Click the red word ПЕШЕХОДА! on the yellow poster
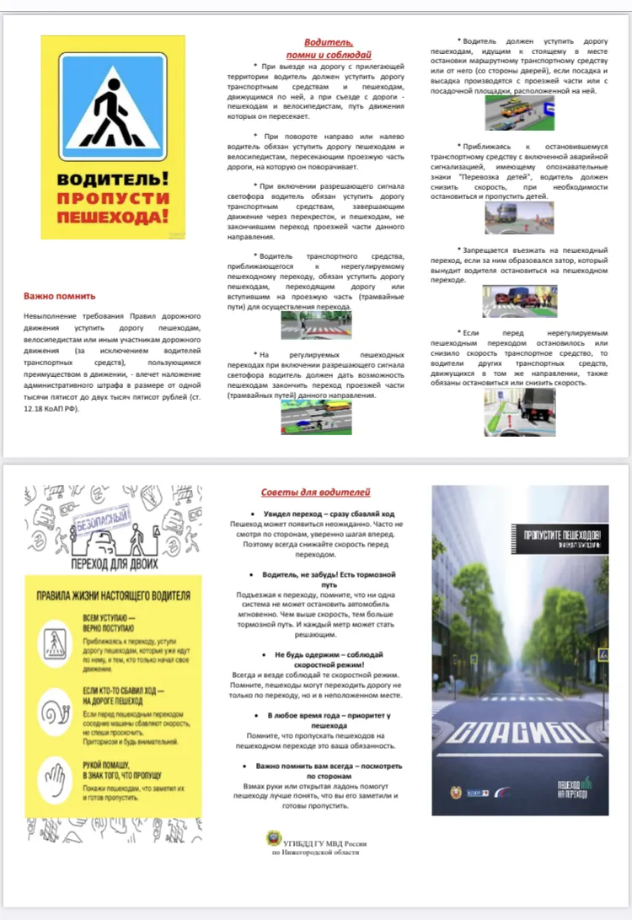113,218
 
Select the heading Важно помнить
60,296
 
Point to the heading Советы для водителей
316,492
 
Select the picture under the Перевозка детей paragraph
519,218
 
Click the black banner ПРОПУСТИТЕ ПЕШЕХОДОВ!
560,539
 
